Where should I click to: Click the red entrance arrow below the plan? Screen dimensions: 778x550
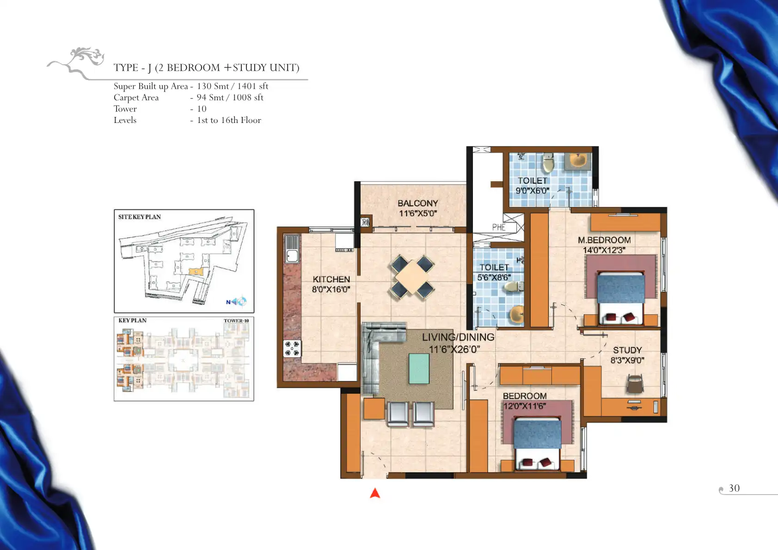375,493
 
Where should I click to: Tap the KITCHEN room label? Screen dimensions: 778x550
331,279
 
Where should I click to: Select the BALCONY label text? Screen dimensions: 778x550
418,203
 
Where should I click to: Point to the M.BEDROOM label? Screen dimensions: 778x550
604,240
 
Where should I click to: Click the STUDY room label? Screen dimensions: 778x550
627,350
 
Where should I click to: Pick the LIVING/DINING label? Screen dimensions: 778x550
458,337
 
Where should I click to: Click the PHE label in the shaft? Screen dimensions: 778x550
499,227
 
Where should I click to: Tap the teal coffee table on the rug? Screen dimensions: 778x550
419,368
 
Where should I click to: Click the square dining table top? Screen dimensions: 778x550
412,277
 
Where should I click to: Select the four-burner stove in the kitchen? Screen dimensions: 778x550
292,348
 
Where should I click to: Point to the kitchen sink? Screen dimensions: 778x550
292,249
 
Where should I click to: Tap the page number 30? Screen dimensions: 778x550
734,488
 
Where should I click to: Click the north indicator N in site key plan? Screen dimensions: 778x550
228,302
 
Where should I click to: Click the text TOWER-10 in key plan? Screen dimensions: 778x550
236,320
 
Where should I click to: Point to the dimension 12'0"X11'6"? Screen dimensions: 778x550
525,406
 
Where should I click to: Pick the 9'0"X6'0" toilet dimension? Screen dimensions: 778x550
533,190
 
